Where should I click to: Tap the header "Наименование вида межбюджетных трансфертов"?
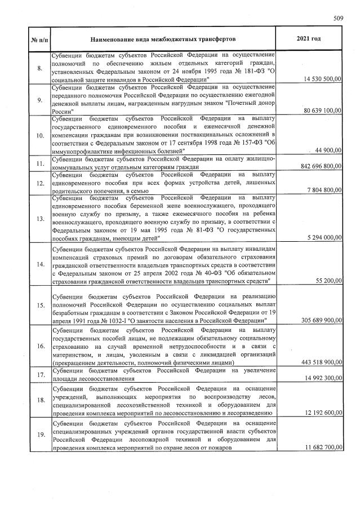click(x=163, y=39)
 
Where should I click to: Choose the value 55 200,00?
click(x=327, y=280)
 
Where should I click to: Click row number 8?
click(x=39, y=68)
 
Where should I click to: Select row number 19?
click(x=39, y=434)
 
